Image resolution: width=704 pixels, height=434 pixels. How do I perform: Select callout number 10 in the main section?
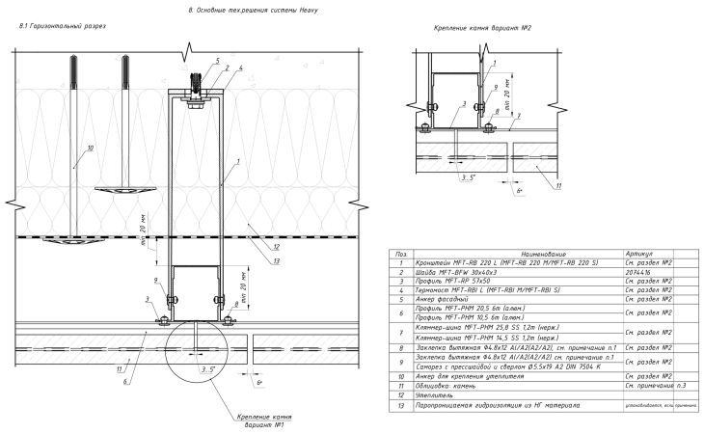click(90, 149)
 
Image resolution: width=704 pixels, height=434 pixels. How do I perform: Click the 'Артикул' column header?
click(638, 252)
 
